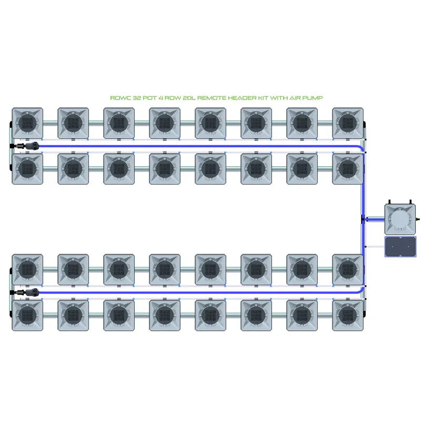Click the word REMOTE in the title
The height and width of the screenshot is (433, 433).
tap(205, 98)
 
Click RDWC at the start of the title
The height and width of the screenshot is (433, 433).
tap(118, 98)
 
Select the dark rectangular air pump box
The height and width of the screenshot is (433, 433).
tap(400, 246)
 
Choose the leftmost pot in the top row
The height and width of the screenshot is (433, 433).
tap(27, 123)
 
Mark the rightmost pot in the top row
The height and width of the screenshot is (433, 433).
tap(347, 123)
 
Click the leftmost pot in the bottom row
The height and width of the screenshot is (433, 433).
tap(27, 315)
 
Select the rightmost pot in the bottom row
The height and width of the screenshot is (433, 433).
tap(347, 315)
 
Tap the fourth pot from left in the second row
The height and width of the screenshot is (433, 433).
tap(164, 168)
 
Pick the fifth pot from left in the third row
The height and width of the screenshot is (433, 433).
tap(210, 269)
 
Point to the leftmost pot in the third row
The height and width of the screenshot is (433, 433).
tap(27, 269)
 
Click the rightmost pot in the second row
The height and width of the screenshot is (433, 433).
tap(347, 168)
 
